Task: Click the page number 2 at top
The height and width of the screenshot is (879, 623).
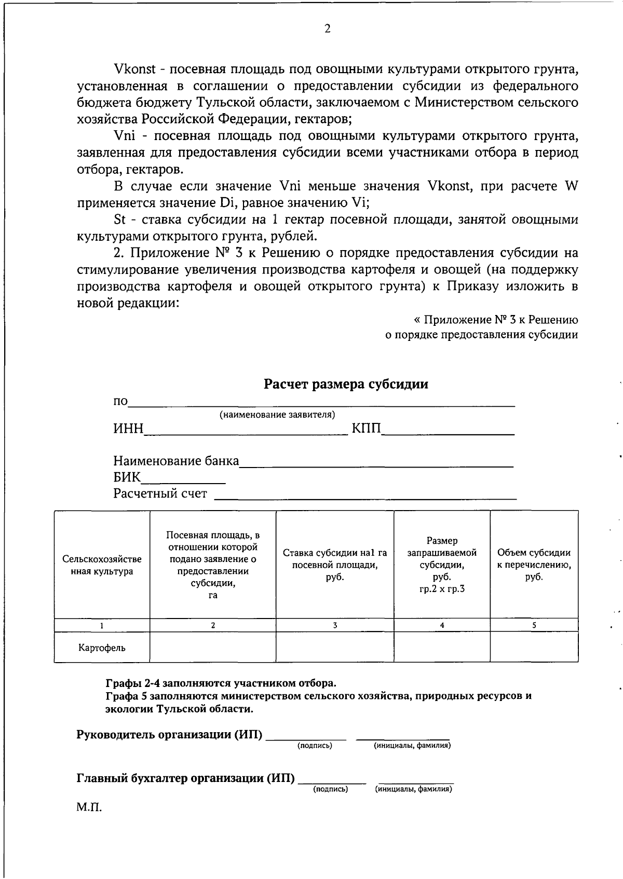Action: pyautogui.click(x=327, y=29)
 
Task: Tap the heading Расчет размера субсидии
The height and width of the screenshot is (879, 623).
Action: pyautogui.click(x=346, y=384)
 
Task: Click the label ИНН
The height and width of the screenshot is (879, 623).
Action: pyautogui.click(x=128, y=429)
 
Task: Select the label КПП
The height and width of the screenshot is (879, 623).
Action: pyautogui.click(x=366, y=429)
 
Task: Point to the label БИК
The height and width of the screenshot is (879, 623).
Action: pyautogui.click(x=127, y=477)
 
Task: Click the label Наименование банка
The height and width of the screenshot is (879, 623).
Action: pyautogui.click(x=176, y=461)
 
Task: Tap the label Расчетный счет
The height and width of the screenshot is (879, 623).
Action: pyautogui.click(x=160, y=493)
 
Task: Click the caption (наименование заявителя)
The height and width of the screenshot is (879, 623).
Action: pyautogui.click(x=277, y=415)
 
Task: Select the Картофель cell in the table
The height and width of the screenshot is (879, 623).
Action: pyautogui.click(x=102, y=648)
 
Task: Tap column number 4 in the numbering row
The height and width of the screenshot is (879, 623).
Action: pyautogui.click(x=442, y=625)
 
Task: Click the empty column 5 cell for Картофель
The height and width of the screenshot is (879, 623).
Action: pyautogui.click(x=534, y=647)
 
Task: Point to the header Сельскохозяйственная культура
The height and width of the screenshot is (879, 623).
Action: pyautogui.click(x=102, y=565)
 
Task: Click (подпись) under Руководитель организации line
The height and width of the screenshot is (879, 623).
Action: pyautogui.click(x=315, y=746)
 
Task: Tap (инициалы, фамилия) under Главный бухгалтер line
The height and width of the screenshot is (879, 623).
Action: pyautogui.click(x=413, y=789)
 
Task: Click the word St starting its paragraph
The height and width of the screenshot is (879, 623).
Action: pyautogui.click(x=119, y=219)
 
